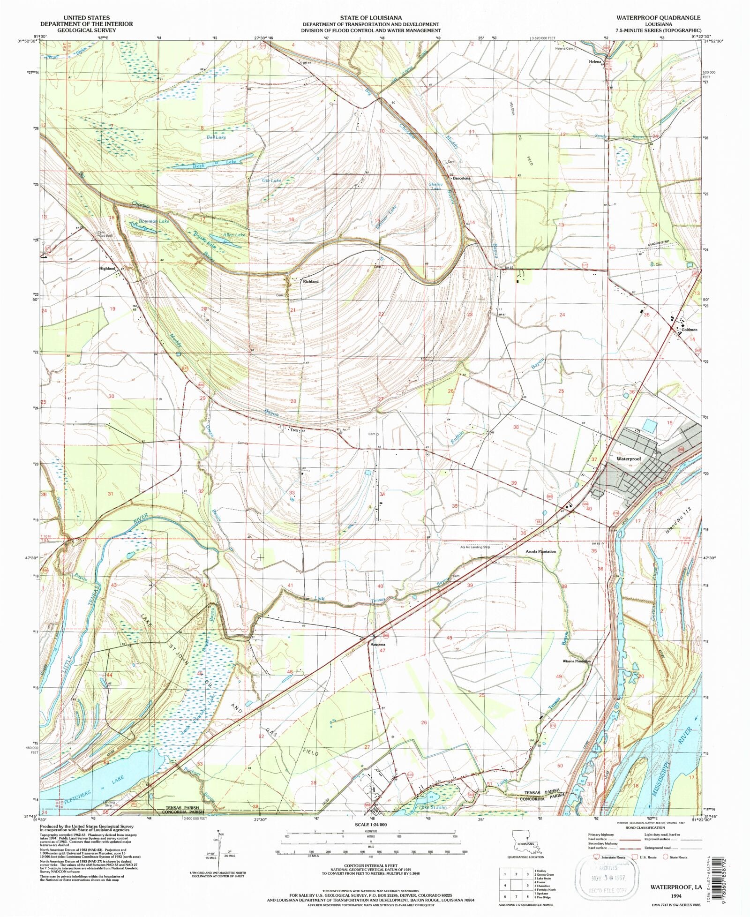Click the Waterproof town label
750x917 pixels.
[x=628, y=458]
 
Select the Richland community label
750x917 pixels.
[x=311, y=281]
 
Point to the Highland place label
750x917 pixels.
[x=107, y=269]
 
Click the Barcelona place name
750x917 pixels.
[x=461, y=179]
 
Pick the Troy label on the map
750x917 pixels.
[x=294, y=429]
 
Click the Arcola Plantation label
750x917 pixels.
[x=540, y=551]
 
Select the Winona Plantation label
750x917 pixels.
[x=577, y=661]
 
